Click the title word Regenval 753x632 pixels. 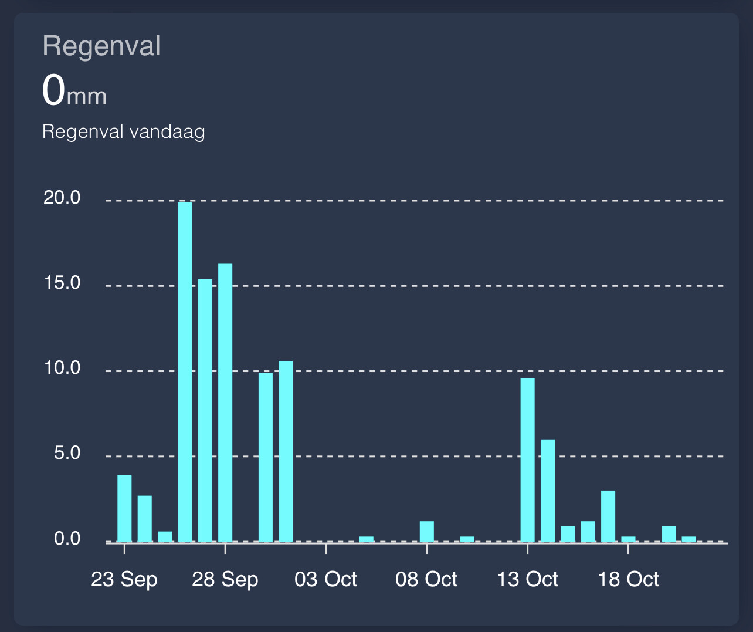point(101,46)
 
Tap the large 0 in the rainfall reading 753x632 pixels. point(53,91)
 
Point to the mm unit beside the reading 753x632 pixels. point(87,96)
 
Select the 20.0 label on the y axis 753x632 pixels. point(62,198)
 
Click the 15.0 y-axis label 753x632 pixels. point(62,283)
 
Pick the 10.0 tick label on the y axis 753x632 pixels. point(62,368)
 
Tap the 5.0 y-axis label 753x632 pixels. point(67,453)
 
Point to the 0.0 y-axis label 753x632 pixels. point(67,539)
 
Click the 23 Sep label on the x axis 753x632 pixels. point(124,580)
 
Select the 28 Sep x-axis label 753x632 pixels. point(225,580)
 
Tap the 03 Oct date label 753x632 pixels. point(325,580)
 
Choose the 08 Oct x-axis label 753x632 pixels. point(426,580)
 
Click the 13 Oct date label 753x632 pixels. point(527,580)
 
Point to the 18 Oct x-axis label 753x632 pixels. point(628,580)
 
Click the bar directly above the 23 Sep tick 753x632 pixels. point(124,508)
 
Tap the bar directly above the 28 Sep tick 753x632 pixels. point(225,403)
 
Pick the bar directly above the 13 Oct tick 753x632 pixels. point(527,459)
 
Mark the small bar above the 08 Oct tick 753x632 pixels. point(426,531)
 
